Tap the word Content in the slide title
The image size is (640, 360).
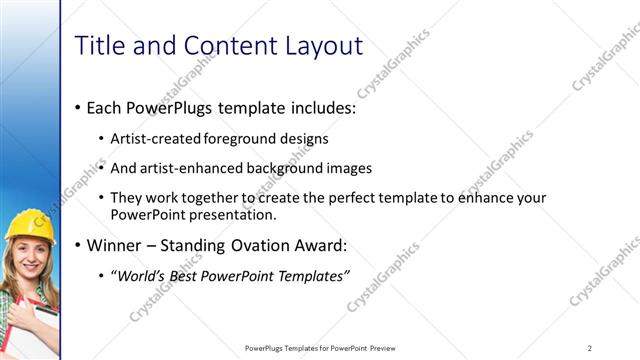point(220,45)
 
